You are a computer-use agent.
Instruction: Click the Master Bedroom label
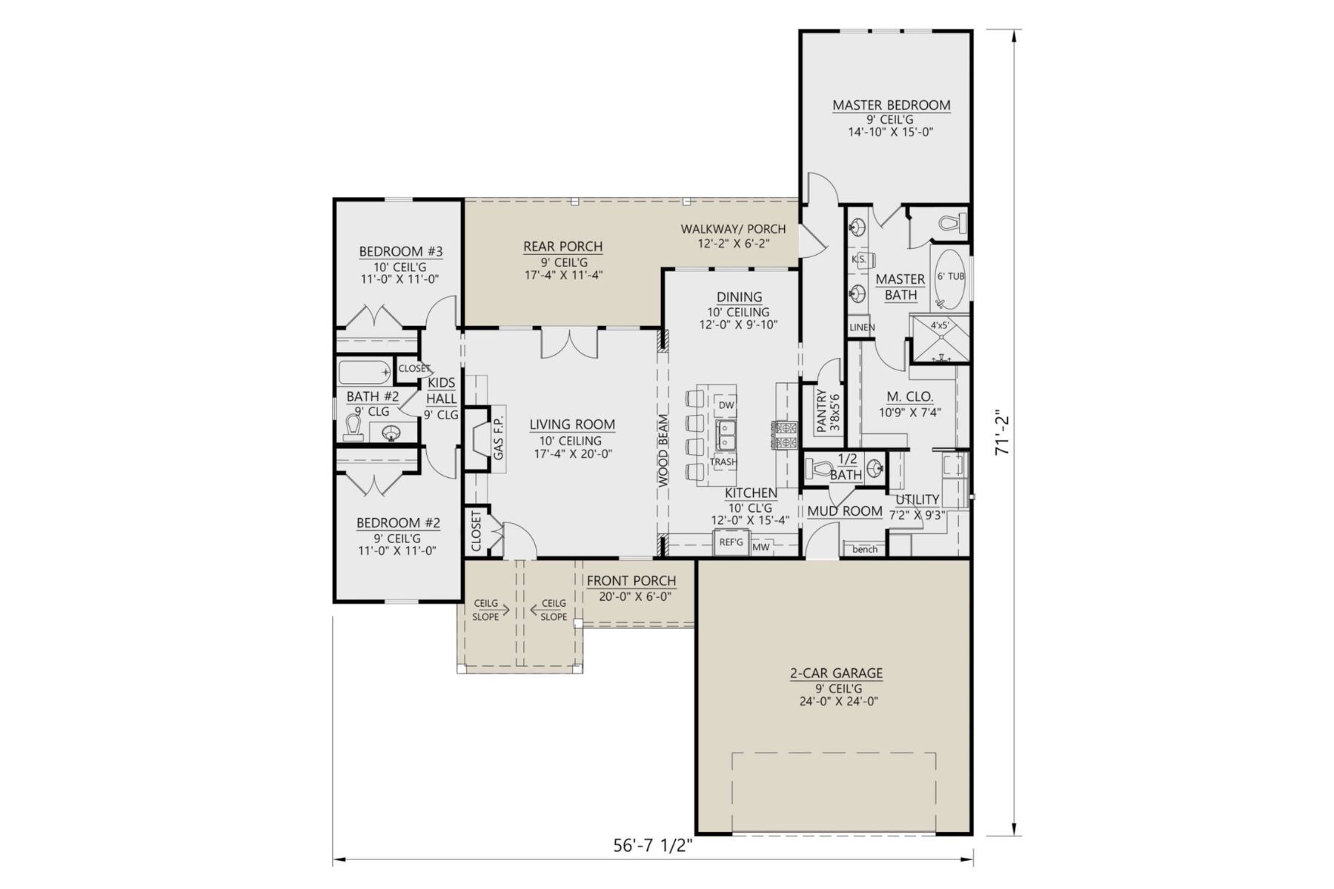click(891, 105)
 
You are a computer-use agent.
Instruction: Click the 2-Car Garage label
click(835, 673)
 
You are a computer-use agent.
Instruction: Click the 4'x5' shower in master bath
click(940, 341)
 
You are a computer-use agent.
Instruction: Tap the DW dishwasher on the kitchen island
click(726, 405)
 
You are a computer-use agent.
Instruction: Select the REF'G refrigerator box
click(731, 542)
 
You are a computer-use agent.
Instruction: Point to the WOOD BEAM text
click(663, 450)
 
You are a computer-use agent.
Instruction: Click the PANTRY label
click(820, 411)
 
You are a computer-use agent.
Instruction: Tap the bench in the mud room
click(865, 549)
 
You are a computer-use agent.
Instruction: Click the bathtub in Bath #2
click(364, 370)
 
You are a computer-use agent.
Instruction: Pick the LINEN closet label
click(862, 327)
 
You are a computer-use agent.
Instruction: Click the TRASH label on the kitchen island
click(723, 462)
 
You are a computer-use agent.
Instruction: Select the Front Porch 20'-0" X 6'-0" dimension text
click(631, 596)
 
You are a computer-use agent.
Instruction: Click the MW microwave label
click(760, 547)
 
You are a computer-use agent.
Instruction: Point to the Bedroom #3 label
click(400, 252)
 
